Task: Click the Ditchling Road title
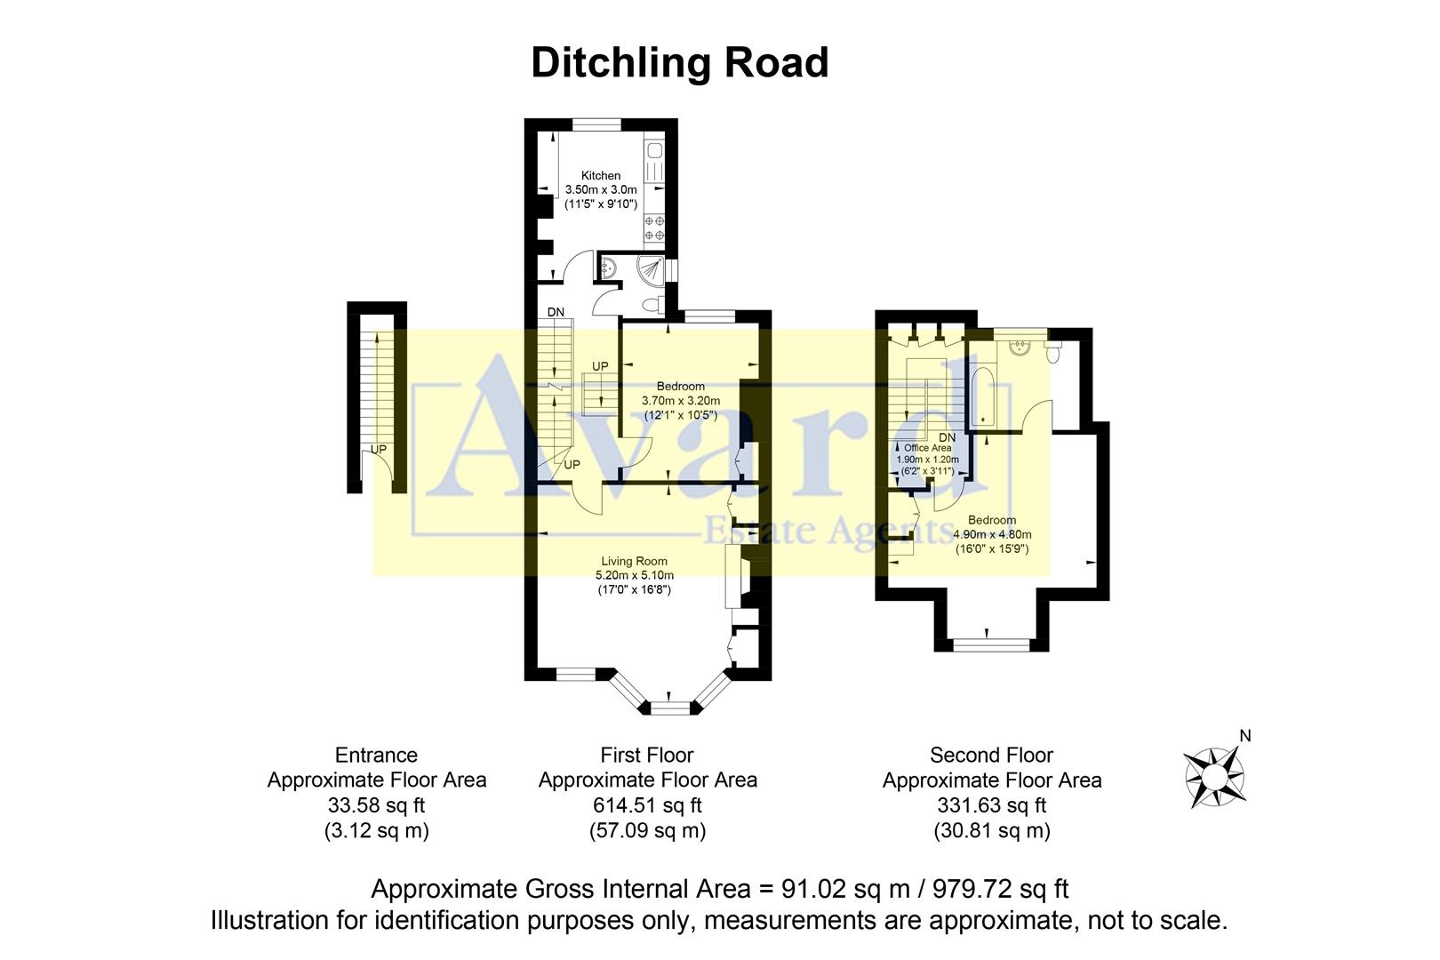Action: [679, 63]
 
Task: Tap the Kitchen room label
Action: [601, 175]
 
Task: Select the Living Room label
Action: [634, 561]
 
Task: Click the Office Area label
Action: [927, 448]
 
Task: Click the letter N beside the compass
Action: [1244, 736]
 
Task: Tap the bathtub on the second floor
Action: [982, 396]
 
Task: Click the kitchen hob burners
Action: [654, 228]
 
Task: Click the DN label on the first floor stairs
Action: [556, 312]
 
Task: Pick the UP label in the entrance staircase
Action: [379, 450]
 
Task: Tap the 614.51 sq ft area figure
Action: [647, 805]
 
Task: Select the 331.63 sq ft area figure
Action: [991, 805]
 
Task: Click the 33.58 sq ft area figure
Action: [376, 805]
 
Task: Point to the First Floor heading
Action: [646, 755]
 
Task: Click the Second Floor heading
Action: [991, 755]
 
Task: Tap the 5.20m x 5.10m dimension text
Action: [634, 575]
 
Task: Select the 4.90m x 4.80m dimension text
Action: [992, 534]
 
